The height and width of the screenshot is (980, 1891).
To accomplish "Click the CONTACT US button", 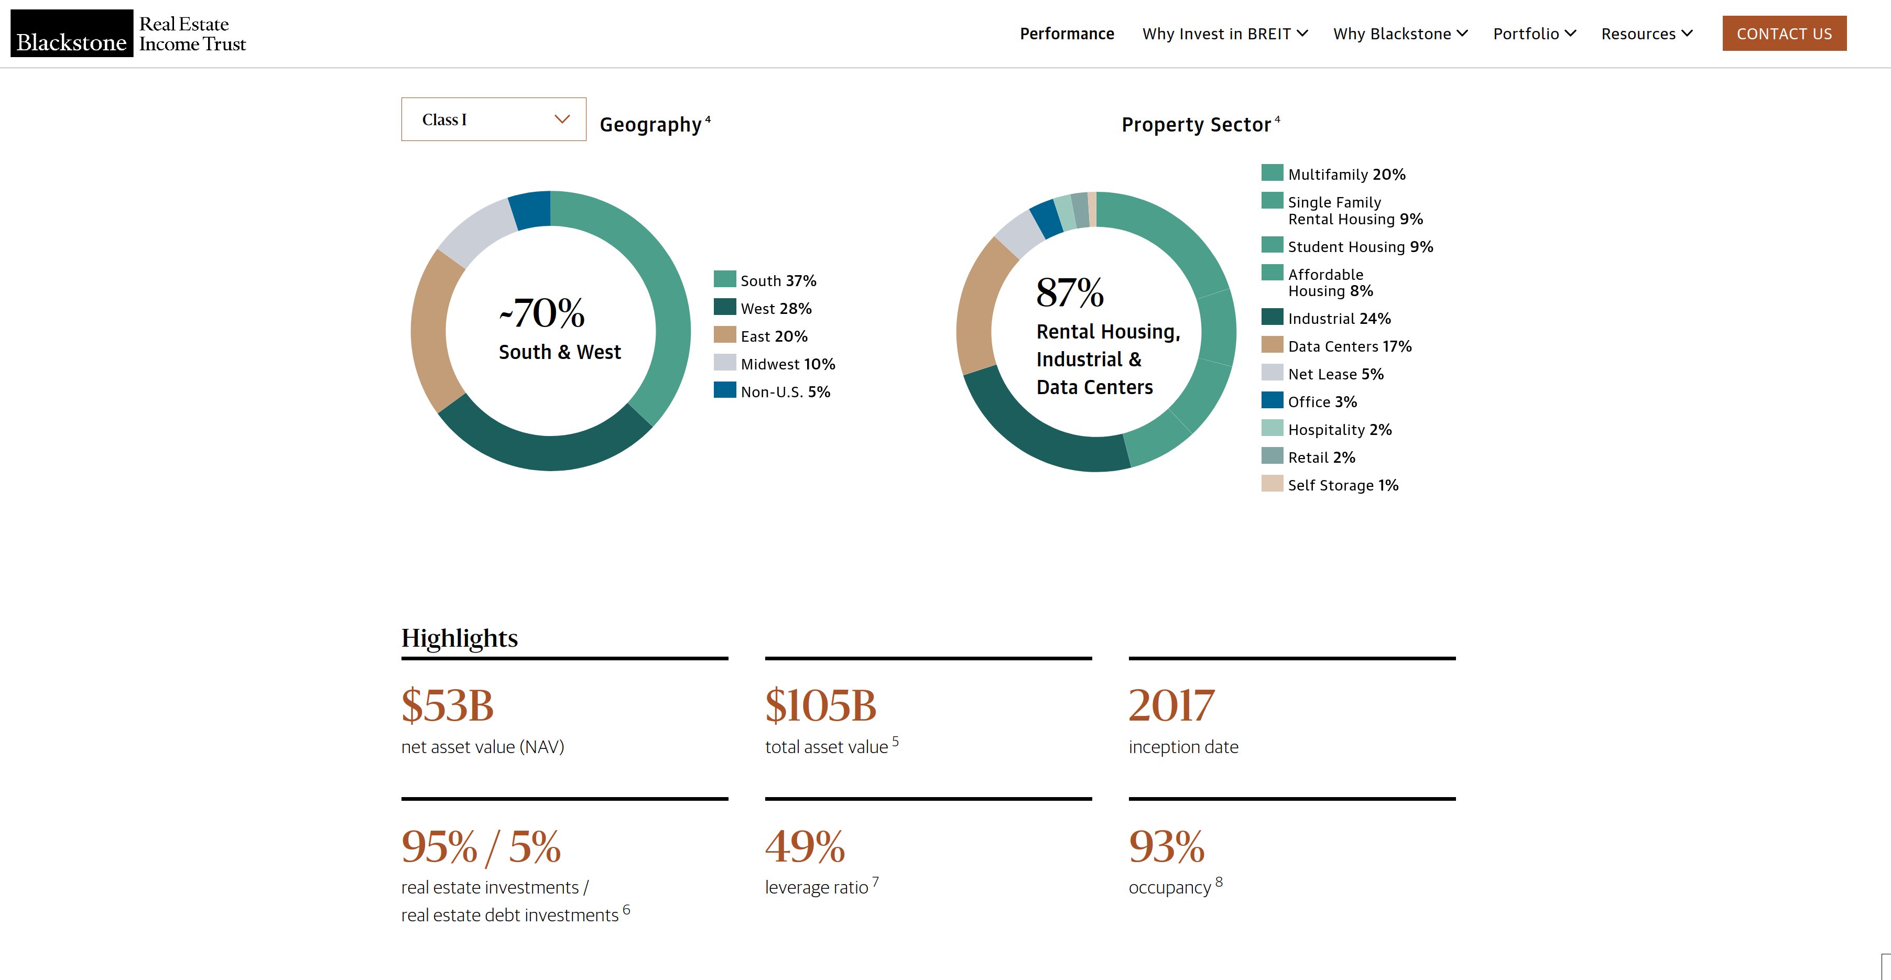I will coord(1784,34).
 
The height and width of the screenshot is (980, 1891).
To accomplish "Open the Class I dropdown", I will coord(493,119).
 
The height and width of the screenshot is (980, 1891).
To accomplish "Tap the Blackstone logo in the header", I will coord(72,34).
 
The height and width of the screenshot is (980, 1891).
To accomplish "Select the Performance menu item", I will coord(1067,34).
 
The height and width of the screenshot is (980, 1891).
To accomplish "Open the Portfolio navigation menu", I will coord(1534,34).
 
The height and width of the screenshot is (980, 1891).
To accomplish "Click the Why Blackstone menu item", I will coord(1400,34).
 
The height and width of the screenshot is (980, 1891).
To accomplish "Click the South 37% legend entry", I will coord(765,280).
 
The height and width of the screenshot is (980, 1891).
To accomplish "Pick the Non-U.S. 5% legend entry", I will coord(772,391).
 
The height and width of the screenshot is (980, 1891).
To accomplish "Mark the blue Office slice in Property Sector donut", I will coord(1045,219).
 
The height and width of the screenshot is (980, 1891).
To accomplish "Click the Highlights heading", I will coord(460,638).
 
